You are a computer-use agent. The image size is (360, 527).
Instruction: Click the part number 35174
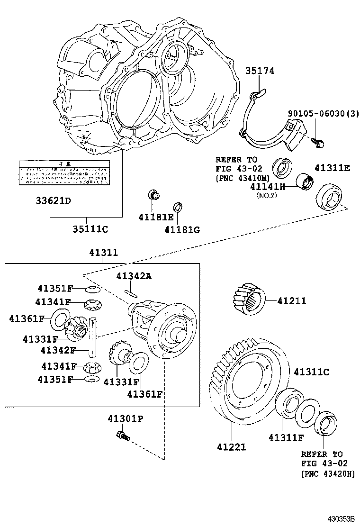[260, 71]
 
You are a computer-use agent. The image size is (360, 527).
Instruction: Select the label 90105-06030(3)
[324, 114]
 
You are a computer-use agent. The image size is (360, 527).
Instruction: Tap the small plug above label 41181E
[153, 194]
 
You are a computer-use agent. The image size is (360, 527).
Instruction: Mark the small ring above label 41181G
[177, 207]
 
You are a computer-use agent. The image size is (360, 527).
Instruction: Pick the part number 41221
[231, 446]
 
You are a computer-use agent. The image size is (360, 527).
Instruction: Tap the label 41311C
[311, 372]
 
